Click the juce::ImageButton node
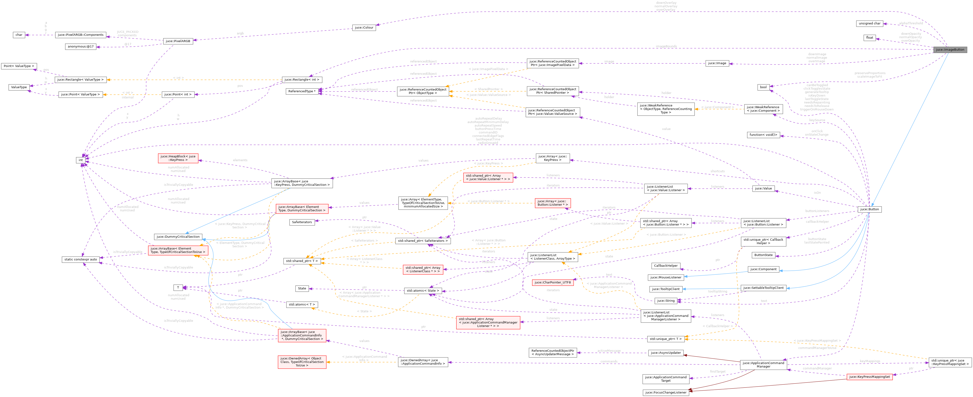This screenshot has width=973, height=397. click(950, 49)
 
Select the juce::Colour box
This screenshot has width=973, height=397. click(364, 28)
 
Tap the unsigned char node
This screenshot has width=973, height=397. click(869, 23)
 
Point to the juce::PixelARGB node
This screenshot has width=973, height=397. click(178, 41)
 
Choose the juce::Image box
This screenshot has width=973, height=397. click(717, 63)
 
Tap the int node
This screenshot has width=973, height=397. click(80, 160)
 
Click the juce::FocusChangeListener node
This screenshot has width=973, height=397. click(665, 392)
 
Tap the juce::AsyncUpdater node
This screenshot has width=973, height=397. click(665, 353)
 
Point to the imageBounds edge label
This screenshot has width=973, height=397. click(666, 46)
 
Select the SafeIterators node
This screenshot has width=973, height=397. click(302, 222)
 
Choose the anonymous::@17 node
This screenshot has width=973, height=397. click(80, 46)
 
